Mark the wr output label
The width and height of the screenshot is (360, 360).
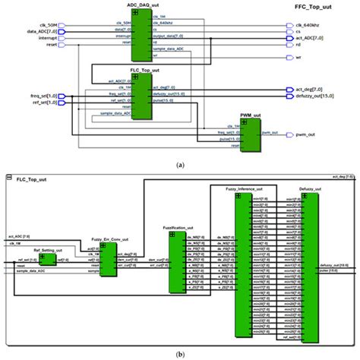pos(298,58)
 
